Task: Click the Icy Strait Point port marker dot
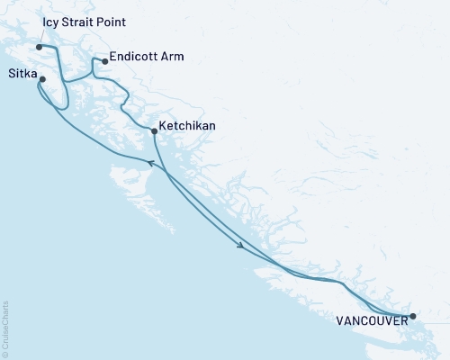point(40,47)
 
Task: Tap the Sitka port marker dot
point(42,79)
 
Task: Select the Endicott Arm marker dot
point(105,61)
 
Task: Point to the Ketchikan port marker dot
point(155,131)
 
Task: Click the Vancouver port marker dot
point(413,316)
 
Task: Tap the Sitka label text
point(22,74)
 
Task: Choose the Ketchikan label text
point(187,126)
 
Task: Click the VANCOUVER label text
point(371,319)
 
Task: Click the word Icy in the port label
point(51,21)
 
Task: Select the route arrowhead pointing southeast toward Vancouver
point(240,245)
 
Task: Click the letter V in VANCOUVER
point(341,319)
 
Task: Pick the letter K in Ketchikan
point(162,126)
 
